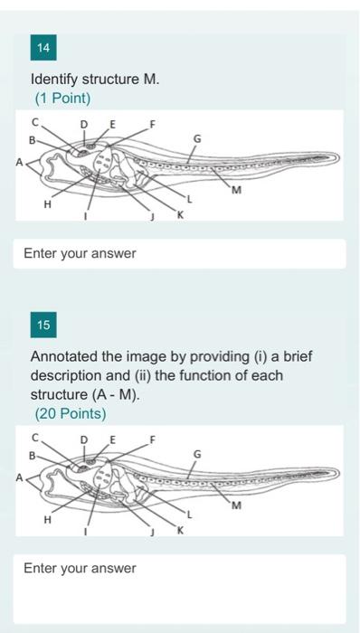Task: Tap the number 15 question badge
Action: (43, 324)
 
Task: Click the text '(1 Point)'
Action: (62, 98)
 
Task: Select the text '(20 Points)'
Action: (70, 413)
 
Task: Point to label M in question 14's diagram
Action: (236, 190)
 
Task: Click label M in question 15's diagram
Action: (236, 505)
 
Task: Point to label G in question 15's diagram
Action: (198, 454)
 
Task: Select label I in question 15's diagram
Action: (87, 533)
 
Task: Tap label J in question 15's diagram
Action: (154, 534)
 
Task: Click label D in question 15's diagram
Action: (84, 439)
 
